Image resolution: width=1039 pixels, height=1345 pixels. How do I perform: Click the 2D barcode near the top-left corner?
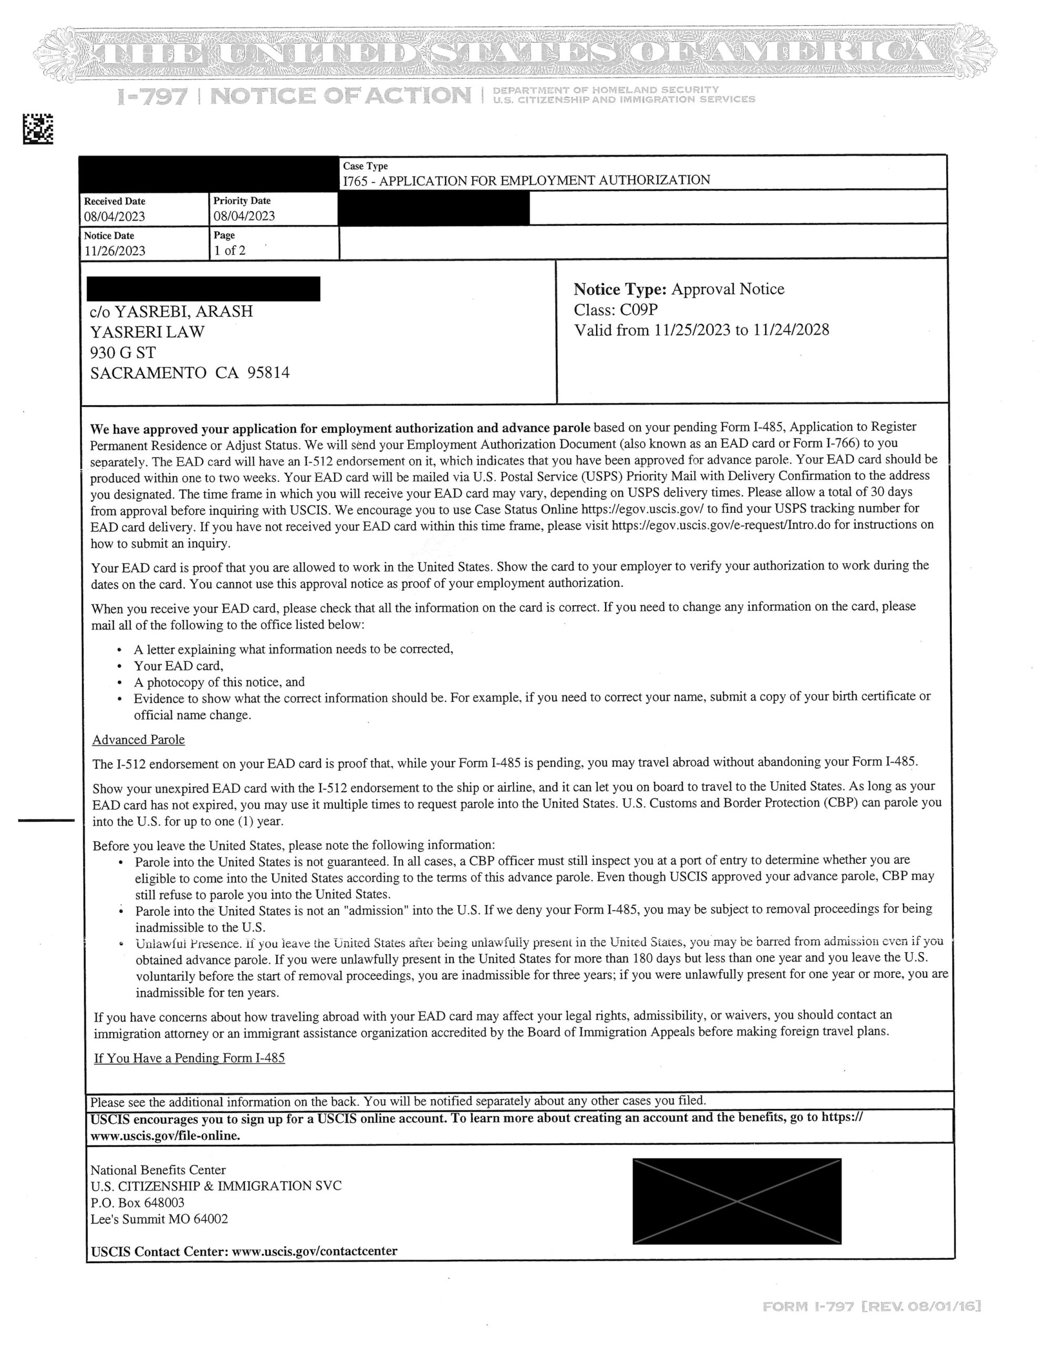point(38,129)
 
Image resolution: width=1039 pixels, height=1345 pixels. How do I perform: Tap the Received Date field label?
point(115,201)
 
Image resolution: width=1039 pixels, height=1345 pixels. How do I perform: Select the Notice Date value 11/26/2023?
point(115,251)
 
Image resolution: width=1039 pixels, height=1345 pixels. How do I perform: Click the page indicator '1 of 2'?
point(230,250)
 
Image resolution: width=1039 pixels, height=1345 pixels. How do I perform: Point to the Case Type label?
point(365,166)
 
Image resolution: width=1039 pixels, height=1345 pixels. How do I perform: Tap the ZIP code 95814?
point(268,373)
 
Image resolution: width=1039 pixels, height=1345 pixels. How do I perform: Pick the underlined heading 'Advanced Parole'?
point(139,740)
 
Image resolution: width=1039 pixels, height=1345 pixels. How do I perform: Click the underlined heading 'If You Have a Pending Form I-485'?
point(189,1058)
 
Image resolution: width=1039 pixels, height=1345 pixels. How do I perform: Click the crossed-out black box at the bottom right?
point(736,1201)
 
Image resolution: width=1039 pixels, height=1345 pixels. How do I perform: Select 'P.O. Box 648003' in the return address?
point(137,1202)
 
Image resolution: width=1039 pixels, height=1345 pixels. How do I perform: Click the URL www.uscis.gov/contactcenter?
point(314,1251)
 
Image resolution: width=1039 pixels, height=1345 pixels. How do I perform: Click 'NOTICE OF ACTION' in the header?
point(340,96)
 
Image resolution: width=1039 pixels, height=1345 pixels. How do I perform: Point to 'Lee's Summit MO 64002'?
point(159,1219)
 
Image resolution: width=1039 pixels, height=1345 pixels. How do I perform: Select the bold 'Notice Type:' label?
point(620,289)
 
